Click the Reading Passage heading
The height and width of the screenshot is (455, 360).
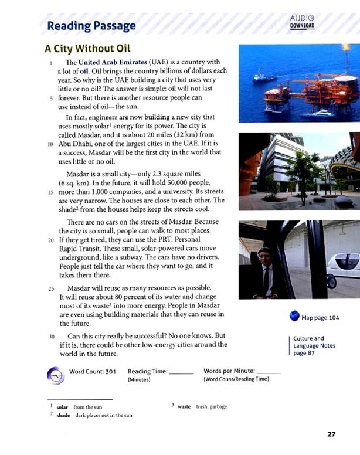[x=91, y=26]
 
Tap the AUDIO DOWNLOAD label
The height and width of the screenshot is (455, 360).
[x=302, y=22]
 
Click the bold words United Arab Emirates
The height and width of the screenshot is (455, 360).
[x=112, y=62]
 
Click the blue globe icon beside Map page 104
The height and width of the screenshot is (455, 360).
[x=294, y=317]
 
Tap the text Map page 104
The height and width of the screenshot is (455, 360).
[x=320, y=318]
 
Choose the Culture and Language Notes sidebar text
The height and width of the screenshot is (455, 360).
[x=314, y=346]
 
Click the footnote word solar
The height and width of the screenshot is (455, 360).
[x=63, y=407]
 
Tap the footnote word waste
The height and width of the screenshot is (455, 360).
[x=184, y=407]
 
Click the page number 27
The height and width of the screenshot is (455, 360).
[x=331, y=434]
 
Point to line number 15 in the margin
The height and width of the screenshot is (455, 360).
[x=50, y=191]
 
